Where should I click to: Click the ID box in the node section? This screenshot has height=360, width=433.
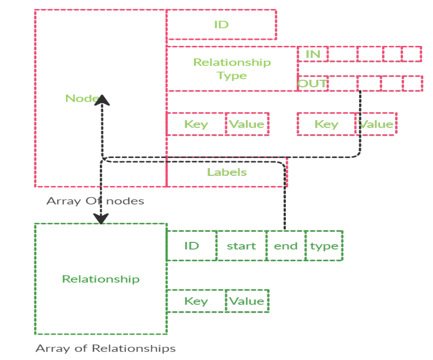coord(221,24)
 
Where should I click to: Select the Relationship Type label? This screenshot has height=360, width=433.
coord(231,69)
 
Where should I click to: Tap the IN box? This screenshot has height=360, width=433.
coord(313,54)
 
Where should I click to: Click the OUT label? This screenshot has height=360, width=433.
coord(312,83)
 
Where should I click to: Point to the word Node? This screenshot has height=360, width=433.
coord(80,98)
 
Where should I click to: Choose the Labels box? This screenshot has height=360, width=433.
coord(227,172)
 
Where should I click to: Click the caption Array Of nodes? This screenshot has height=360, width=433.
coord(95,201)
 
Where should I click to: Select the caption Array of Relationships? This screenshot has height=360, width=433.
coord(105,348)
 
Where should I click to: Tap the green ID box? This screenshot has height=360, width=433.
coord(192,246)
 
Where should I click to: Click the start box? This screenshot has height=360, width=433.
coord(241,246)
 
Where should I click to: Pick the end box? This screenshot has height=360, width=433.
coord(286,246)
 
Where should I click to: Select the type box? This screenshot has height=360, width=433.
coord(324,246)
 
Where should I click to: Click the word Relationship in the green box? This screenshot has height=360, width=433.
coord(100,279)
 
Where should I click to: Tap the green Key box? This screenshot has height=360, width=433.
coord(196,301)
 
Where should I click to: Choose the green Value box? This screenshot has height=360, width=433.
coord(247,301)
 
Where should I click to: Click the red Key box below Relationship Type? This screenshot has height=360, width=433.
coord(196,124)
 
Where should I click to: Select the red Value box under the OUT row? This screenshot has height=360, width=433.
coord(377,124)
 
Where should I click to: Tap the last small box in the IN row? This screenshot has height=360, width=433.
coord(412,54)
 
